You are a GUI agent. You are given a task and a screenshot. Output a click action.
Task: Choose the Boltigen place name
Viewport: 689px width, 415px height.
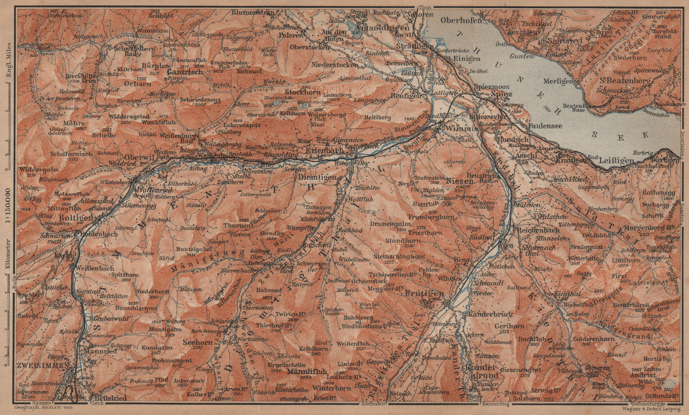[76, 218]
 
